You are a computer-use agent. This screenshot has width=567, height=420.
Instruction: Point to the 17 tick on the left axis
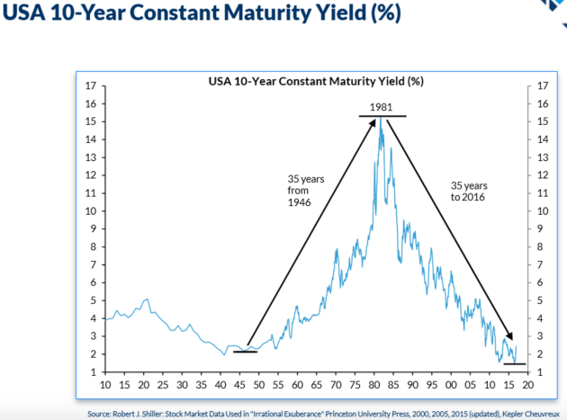tap(90, 86)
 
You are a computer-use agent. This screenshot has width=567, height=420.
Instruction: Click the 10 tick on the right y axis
tap(542, 211)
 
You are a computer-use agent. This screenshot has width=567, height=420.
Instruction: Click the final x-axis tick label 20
tap(528, 385)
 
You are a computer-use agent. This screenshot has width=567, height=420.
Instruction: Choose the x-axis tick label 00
tap(451, 385)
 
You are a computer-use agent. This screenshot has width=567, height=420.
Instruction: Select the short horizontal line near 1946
tap(245, 352)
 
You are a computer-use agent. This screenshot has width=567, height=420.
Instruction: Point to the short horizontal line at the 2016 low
tap(514, 364)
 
